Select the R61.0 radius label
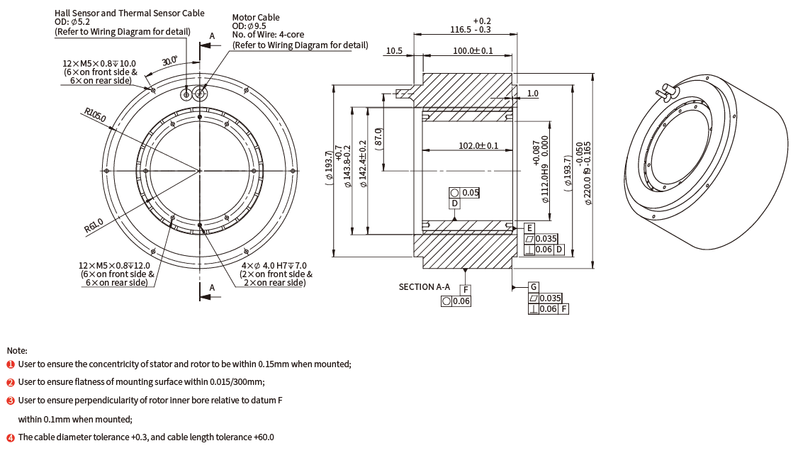tap(93, 226)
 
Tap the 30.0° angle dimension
tap(169, 62)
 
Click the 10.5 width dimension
tap(394, 51)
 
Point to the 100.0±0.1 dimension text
tap(473, 51)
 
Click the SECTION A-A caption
tap(425, 286)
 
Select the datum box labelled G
tap(533, 287)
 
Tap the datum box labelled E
tap(529, 228)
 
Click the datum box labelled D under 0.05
tap(455, 203)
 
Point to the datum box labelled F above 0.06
tap(465, 290)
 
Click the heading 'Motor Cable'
tap(256, 17)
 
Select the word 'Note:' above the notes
tap(17, 350)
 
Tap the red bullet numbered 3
tap(11, 401)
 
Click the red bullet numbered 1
tap(11, 364)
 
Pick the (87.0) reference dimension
tap(378, 136)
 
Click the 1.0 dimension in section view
tap(532, 93)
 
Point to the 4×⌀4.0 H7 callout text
tap(272, 265)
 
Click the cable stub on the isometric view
tap(665, 91)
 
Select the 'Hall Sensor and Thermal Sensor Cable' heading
tap(130, 13)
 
